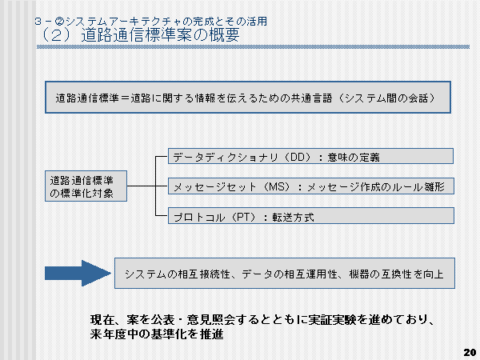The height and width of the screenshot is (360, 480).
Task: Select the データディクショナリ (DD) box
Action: coord(312,156)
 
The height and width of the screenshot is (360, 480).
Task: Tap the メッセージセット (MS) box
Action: coord(312,186)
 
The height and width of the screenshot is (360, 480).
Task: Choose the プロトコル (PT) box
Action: coord(312,216)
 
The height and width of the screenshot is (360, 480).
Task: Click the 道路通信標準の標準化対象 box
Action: coord(86,186)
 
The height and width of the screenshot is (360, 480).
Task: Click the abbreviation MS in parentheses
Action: coord(272,186)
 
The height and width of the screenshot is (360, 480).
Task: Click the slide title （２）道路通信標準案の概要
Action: coord(136,35)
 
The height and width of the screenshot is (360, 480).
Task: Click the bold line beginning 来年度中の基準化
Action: coord(156,335)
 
